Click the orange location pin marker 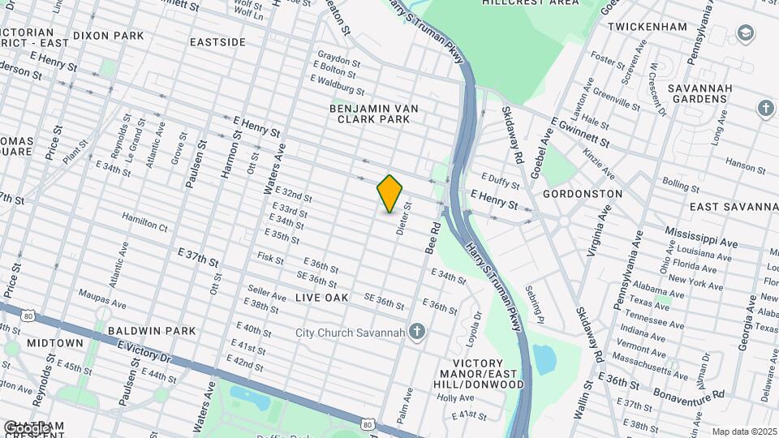[389, 193]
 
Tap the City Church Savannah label [350, 332]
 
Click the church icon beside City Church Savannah [417, 331]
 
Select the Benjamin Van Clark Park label [370, 114]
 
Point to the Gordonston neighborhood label [583, 194]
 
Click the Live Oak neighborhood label [322, 298]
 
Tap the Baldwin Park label [152, 331]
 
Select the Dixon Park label [108, 36]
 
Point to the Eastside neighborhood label [217, 41]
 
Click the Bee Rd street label [434, 237]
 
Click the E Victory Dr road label [145, 352]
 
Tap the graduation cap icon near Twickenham [745, 33]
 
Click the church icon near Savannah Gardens [765, 108]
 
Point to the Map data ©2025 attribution [744, 432]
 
